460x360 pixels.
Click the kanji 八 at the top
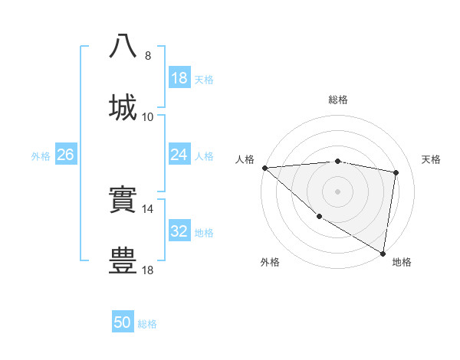(123, 46)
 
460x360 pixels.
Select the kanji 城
(123, 106)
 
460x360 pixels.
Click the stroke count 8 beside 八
(148, 56)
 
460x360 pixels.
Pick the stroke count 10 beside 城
(148, 116)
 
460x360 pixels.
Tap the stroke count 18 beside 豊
(148, 270)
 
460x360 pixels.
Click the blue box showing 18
(179, 78)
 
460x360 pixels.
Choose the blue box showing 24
(179, 155)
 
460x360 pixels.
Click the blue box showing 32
(179, 231)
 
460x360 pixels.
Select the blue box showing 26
(65, 155)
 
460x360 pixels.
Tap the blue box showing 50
(123, 322)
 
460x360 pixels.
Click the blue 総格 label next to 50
(147, 324)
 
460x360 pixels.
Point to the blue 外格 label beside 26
(41, 156)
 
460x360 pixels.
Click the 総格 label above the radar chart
(338, 100)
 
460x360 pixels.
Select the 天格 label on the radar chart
(432, 159)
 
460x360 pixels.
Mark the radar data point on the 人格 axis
(264, 168)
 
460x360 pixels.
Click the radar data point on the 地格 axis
(383, 253)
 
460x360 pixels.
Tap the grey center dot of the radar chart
(338, 191)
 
